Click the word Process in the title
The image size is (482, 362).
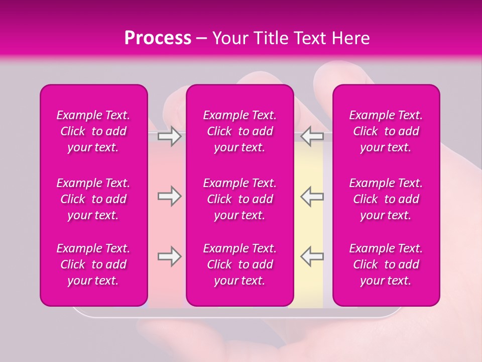click(x=158, y=38)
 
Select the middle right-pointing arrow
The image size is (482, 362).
click(x=170, y=196)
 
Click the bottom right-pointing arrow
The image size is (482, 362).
click(x=170, y=256)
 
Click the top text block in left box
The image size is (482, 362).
click(x=93, y=131)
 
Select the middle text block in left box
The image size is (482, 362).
click(x=93, y=199)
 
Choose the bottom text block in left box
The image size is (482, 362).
click(x=93, y=264)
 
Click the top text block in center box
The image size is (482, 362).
click(x=240, y=131)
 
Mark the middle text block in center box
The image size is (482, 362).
click(x=240, y=199)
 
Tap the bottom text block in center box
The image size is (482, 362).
click(x=240, y=264)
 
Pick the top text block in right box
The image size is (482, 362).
click(x=386, y=131)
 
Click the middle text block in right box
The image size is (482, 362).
click(x=386, y=199)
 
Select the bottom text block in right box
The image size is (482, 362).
click(x=386, y=264)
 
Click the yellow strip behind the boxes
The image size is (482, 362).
click(x=308, y=226)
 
